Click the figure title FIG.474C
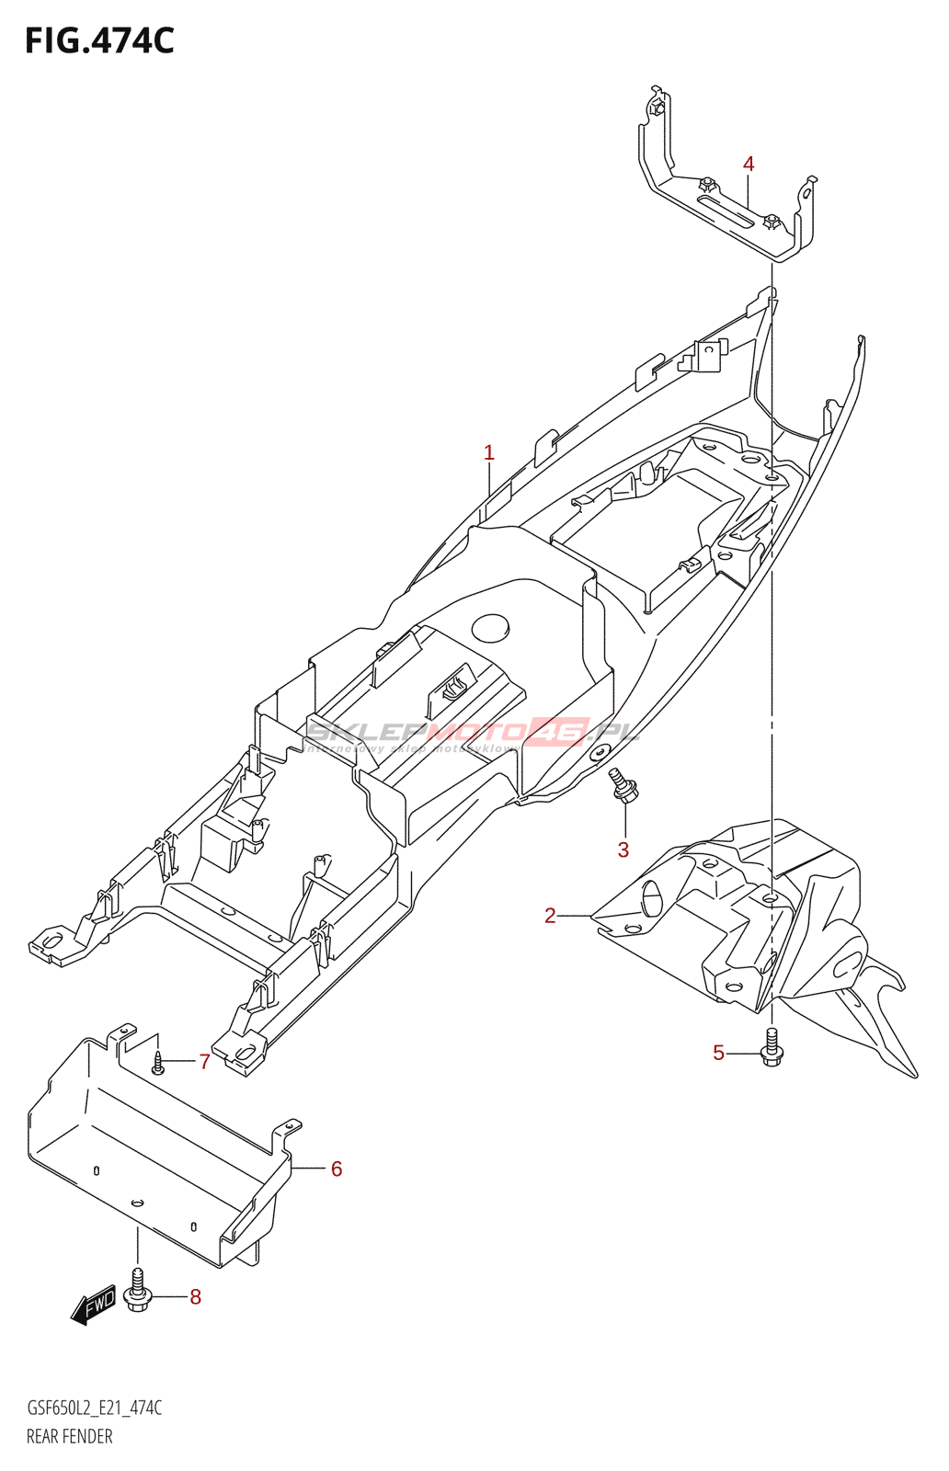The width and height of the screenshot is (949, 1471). pyautogui.click(x=99, y=41)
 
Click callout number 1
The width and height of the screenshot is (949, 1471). pyautogui.click(x=489, y=452)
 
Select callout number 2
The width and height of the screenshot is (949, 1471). pyautogui.click(x=550, y=916)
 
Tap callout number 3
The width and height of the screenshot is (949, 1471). pyautogui.click(x=623, y=850)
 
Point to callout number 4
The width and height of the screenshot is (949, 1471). pyautogui.click(x=749, y=165)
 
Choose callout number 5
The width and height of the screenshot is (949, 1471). pyautogui.click(x=719, y=1053)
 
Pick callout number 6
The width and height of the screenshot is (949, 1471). pyautogui.click(x=337, y=1169)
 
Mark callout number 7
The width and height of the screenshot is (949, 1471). pyautogui.click(x=205, y=1062)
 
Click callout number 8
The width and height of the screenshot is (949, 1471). pyautogui.click(x=195, y=1297)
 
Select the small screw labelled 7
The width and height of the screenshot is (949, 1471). pyautogui.click(x=158, y=1063)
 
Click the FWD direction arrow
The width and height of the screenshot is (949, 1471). pyautogui.click(x=94, y=1305)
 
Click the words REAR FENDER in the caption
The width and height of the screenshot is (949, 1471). pyautogui.click(x=70, y=1436)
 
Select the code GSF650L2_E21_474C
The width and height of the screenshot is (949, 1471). pyautogui.click(x=95, y=1408)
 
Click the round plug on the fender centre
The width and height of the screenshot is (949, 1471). pyautogui.click(x=490, y=628)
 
